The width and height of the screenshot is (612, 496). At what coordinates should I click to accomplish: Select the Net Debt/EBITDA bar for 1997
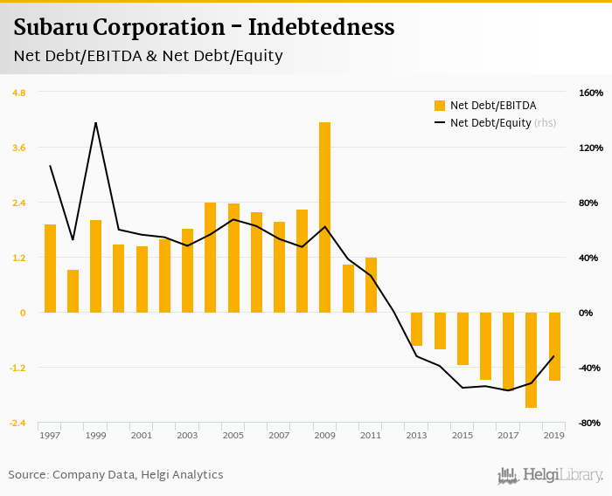click(50, 268)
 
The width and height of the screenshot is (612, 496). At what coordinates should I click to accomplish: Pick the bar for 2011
click(371, 285)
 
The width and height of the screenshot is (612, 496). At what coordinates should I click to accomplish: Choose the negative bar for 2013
click(416, 328)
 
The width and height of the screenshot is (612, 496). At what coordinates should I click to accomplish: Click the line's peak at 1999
click(95, 122)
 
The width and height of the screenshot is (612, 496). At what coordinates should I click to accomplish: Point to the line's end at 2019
click(553, 356)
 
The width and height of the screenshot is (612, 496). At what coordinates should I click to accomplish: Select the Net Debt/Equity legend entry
click(490, 123)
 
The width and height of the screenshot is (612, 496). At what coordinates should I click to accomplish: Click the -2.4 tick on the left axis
click(18, 423)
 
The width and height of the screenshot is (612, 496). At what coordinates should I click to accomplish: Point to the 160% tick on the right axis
click(591, 93)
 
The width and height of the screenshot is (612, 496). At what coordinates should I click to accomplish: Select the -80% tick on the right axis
click(591, 423)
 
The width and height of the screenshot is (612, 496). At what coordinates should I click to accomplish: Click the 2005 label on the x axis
click(233, 435)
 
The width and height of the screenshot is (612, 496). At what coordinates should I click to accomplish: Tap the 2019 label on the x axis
click(553, 435)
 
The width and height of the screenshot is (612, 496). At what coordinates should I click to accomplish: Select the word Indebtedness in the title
click(321, 27)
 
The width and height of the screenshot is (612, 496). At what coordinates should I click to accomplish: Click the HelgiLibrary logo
click(550, 475)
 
